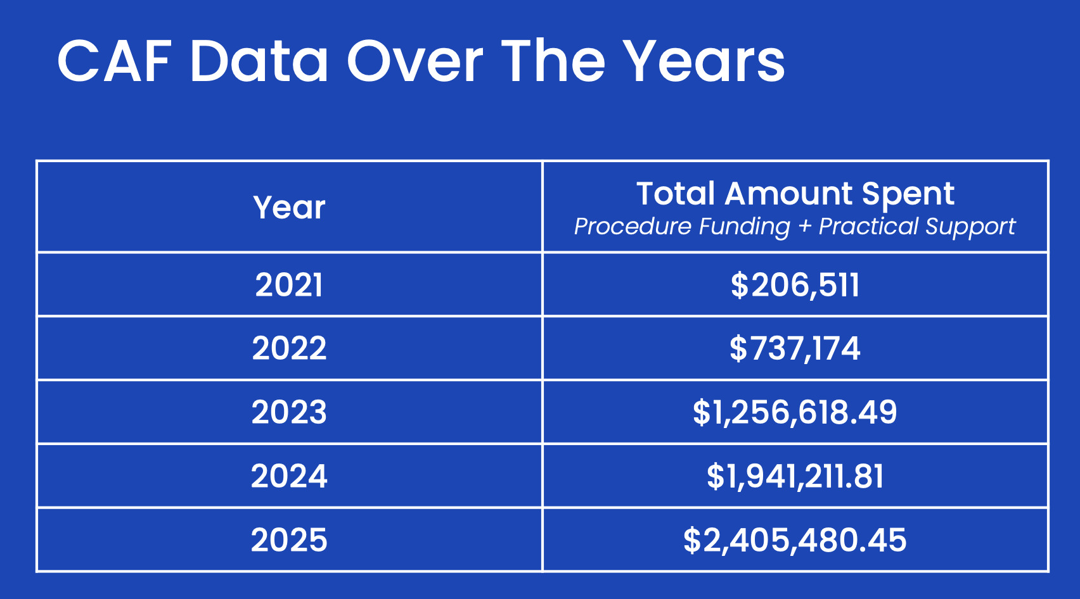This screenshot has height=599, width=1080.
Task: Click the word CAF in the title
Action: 114,62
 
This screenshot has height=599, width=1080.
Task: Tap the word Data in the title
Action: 260,62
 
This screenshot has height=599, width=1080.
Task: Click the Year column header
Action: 289,208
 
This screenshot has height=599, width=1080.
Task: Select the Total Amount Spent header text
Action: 795,194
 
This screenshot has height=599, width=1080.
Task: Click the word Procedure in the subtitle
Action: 634,226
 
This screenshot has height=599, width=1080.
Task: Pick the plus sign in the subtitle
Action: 804,226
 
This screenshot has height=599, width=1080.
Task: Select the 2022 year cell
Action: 289,348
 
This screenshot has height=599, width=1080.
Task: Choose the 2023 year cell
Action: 289,412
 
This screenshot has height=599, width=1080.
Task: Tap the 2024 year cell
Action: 289,476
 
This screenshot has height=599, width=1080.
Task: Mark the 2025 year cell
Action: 289,539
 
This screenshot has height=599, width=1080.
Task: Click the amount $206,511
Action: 795,285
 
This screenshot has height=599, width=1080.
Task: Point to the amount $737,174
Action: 795,349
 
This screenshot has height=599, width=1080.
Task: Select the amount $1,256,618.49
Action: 795,413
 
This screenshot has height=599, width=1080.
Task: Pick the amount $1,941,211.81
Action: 795,476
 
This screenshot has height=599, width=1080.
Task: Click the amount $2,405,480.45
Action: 795,540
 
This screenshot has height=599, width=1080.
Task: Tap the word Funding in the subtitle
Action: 745,227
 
